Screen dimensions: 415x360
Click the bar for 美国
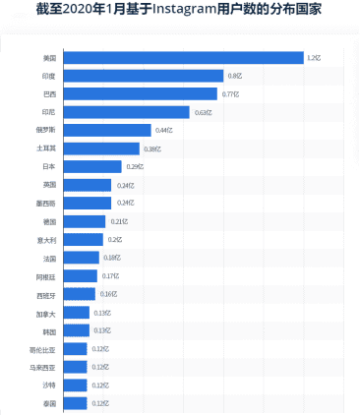point(183,57)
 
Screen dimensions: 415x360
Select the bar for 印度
point(144,76)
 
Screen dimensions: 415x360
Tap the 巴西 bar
point(141,93)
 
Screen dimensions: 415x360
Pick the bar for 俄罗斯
point(107,130)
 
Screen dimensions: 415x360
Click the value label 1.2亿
point(315,57)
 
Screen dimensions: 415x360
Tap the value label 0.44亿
point(163,130)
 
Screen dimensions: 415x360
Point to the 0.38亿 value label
point(152,148)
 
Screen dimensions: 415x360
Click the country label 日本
point(49,166)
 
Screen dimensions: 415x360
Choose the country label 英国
point(49,185)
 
